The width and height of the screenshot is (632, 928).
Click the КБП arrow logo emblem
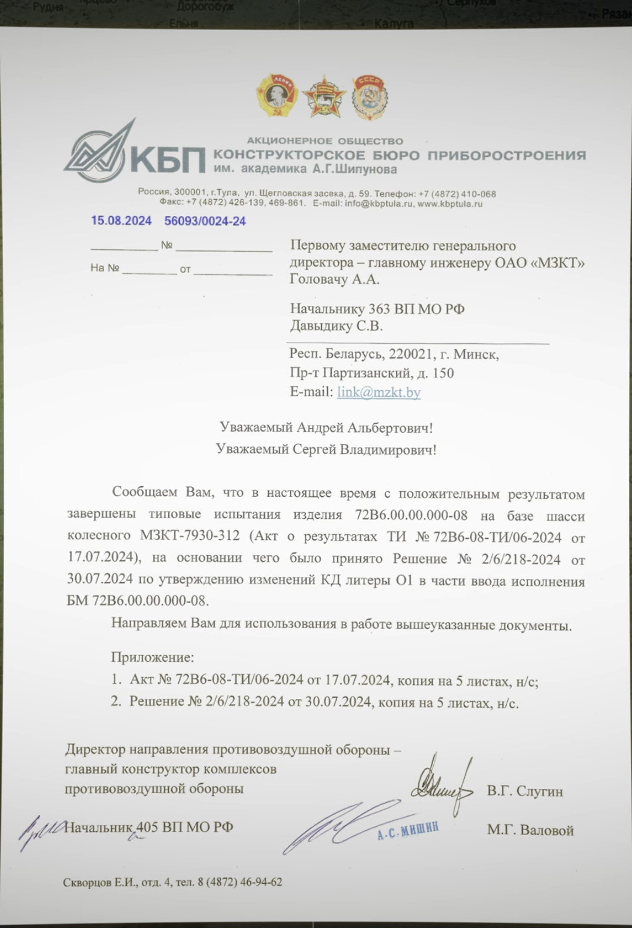click(x=97, y=152)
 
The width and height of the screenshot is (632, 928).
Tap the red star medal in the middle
click(x=324, y=96)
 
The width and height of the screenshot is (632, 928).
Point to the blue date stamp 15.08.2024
click(x=121, y=221)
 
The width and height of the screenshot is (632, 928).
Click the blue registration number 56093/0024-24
click(x=205, y=221)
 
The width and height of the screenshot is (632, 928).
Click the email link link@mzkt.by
click(x=378, y=392)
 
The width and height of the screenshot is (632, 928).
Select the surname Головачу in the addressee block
click(x=318, y=279)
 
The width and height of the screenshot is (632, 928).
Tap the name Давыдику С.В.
click(x=336, y=326)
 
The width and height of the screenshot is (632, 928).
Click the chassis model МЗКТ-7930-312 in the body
click(x=189, y=535)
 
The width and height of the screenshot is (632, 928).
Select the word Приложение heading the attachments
click(x=152, y=657)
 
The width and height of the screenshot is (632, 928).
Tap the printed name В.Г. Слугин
click(x=524, y=791)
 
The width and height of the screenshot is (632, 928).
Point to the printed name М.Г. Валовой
click(x=530, y=830)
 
